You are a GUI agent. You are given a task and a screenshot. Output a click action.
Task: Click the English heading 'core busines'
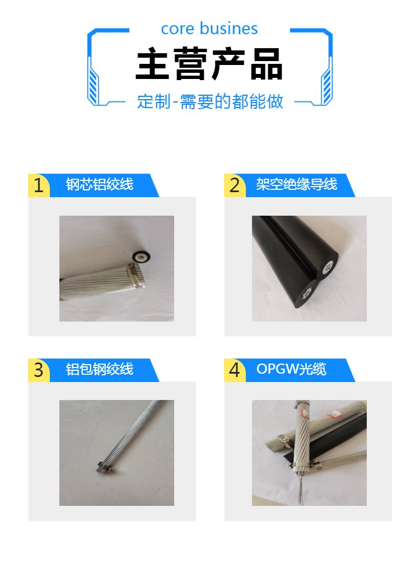(209, 29)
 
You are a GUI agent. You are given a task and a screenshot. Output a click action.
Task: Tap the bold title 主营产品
(209, 64)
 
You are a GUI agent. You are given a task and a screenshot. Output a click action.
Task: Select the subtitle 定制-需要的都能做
(210, 101)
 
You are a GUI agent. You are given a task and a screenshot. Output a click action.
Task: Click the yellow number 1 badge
(39, 185)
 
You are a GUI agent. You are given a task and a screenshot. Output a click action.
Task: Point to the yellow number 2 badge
(235, 185)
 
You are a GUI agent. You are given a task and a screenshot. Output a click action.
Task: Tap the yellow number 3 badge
(39, 370)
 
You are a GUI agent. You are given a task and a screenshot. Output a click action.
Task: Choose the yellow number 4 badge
(235, 370)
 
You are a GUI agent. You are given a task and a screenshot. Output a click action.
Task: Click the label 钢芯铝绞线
(100, 184)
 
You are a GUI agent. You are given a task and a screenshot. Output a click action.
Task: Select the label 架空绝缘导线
(296, 184)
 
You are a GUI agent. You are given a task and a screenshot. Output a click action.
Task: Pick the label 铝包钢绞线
(100, 369)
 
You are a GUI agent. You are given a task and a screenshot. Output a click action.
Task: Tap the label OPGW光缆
(291, 369)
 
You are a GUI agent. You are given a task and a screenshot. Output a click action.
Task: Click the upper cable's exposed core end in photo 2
(328, 267)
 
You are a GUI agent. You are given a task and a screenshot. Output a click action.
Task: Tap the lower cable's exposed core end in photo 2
(306, 295)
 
